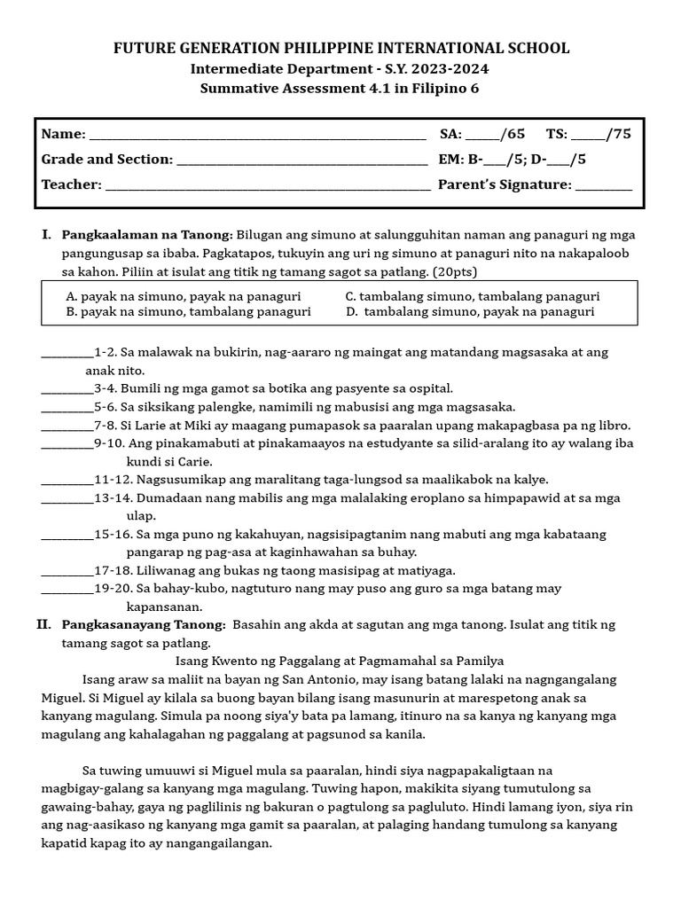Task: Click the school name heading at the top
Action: pyautogui.click(x=340, y=48)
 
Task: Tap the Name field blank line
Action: pyautogui.click(x=257, y=136)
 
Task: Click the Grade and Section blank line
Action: pyautogui.click(x=301, y=160)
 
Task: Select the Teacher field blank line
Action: pyautogui.click(x=267, y=186)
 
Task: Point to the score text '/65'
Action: pyautogui.click(x=513, y=134)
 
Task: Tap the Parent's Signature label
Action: pyautogui.click(x=505, y=184)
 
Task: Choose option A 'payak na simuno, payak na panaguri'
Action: pyautogui.click(x=184, y=296)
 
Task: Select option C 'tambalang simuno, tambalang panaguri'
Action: pyautogui.click(x=472, y=296)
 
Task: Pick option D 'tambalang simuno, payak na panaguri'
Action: pyautogui.click(x=470, y=312)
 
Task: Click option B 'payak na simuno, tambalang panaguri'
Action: pyautogui.click(x=188, y=312)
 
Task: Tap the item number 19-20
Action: pyautogui.click(x=113, y=589)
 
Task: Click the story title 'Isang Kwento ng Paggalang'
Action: pyautogui.click(x=340, y=661)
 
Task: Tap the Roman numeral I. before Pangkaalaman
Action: pyautogui.click(x=46, y=235)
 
